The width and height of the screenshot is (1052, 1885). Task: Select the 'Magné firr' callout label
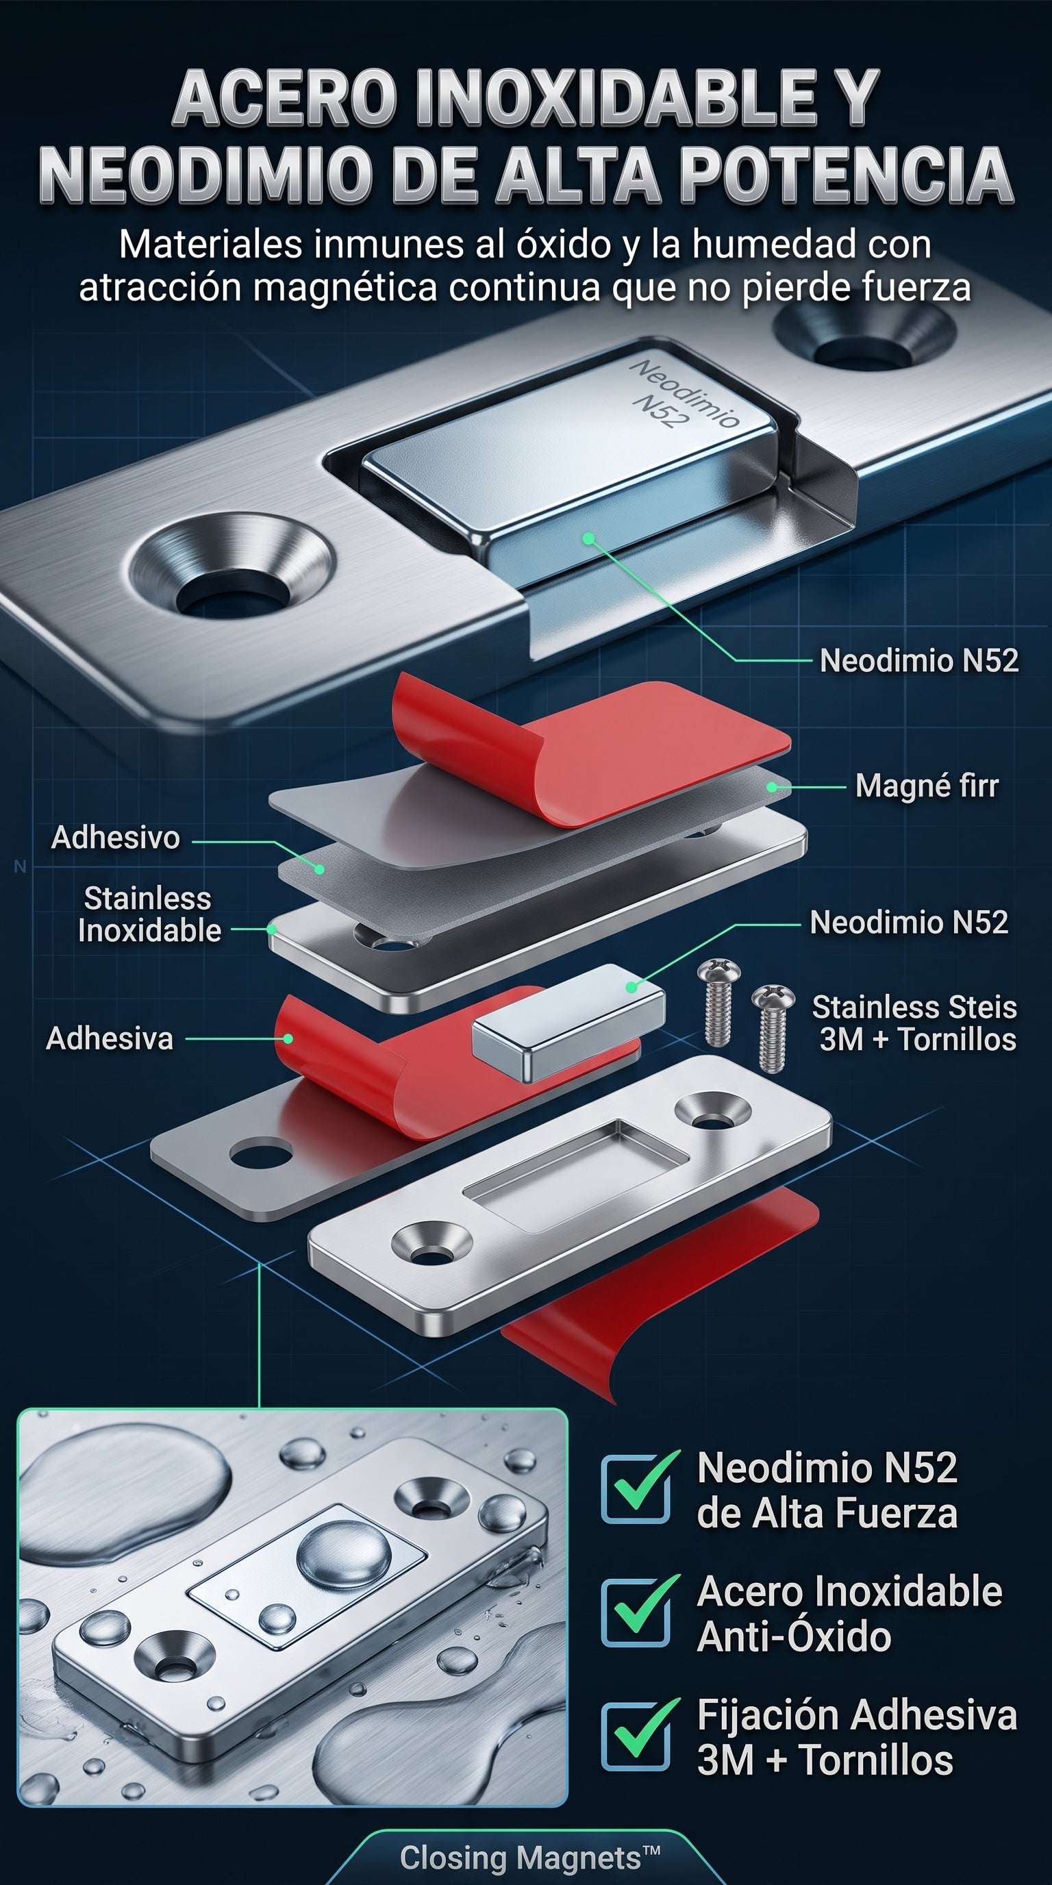(x=927, y=786)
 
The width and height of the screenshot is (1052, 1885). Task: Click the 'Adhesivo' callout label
(x=116, y=837)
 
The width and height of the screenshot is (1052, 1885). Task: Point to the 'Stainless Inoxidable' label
(x=149, y=914)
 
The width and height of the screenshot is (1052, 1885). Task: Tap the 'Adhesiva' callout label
(x=110, y=1038)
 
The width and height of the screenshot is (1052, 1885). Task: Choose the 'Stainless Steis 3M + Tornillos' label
(x=914, y=1023)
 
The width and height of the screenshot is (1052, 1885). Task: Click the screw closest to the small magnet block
(x=719, y=1003)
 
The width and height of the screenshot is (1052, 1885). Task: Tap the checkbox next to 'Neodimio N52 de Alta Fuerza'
(x=636, y=1490)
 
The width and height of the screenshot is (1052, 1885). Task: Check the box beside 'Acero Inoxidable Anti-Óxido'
(x=636, y=1614)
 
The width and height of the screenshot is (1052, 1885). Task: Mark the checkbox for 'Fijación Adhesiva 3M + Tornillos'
(x=636, y=1737)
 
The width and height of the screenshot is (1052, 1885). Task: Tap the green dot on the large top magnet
(x=588, y=538)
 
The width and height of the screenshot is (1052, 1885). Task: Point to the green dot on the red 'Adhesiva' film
(x=288, y=1038)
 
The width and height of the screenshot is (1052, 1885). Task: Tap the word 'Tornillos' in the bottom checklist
(x=876, y=1760)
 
